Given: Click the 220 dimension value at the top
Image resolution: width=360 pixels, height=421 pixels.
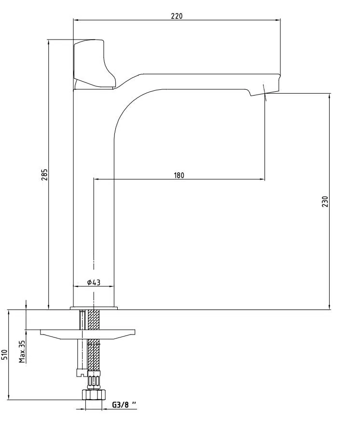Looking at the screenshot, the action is (x=177, y=16).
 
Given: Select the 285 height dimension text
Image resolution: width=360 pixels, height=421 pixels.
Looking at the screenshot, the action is (x=44, y=174).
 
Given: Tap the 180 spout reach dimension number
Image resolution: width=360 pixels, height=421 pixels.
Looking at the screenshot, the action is (x=179, y=175).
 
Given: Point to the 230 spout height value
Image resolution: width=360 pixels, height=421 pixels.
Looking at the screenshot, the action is (x=325, y=201).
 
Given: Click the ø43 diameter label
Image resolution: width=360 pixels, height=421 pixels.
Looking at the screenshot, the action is (x=94, y=282).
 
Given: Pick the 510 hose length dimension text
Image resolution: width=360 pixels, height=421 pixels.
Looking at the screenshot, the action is (x=4, y=354).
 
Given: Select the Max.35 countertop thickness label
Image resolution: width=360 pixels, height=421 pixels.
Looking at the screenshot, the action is (x=22, y=352).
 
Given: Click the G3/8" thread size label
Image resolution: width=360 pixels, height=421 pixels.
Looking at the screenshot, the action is (x=124, y=405).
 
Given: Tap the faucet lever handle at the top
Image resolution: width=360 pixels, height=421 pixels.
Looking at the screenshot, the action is (x=95, y=64).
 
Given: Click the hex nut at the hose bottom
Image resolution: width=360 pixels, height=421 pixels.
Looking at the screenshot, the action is (x=94, y=395).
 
